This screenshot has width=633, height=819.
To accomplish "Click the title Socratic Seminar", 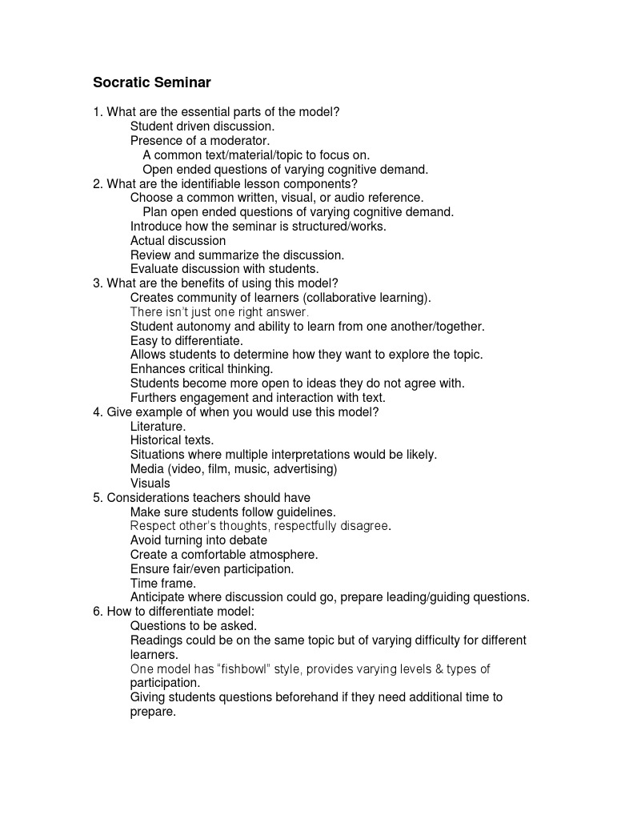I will point(151,82).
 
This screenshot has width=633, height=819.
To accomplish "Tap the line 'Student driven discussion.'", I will point(202,126).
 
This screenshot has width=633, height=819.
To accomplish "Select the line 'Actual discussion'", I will point(178,241).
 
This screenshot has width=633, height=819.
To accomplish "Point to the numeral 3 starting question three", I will point(97,283).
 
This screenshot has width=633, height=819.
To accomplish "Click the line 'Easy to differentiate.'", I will point(186,341).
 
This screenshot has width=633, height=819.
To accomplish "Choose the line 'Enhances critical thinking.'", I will point(202,369).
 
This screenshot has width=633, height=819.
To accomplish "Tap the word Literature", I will point(158,427).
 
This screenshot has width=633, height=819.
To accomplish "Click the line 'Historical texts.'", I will point(172,440).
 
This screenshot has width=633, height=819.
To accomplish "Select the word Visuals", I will point(150,484).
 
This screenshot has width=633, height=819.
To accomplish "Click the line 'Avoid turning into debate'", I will point(198,540).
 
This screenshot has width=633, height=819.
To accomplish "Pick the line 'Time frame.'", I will point(163,584).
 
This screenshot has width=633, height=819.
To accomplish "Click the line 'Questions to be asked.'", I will point(194,626).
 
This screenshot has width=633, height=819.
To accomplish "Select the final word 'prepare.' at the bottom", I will point(153,712).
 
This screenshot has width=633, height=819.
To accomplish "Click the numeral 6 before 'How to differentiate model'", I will point(97,612).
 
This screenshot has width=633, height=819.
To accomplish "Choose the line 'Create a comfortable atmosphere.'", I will point(224,555).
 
